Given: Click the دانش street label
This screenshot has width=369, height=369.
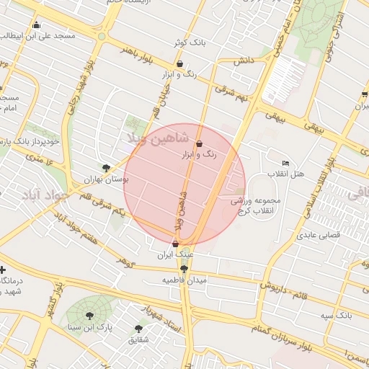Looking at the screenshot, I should coord(244,61).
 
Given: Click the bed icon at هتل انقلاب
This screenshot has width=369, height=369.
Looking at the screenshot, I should coord(285,164).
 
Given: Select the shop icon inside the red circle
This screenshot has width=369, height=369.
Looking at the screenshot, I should coord(199,144).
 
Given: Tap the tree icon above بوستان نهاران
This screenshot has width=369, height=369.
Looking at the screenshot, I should coord(107,168).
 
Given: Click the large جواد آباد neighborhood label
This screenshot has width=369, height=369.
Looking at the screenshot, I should coord(45,195).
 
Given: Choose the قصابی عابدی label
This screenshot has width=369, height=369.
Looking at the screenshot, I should coord(317,235).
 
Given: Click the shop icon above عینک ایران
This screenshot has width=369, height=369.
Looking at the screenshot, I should coord(175,244).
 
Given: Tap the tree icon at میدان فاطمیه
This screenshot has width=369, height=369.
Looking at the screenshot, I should coord(184,269).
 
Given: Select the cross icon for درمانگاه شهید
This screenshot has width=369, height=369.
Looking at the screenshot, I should coord(3,270).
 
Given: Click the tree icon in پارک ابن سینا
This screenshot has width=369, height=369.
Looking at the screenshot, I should coord(89,315).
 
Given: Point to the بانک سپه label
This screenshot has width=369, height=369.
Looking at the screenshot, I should coord(337,316).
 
